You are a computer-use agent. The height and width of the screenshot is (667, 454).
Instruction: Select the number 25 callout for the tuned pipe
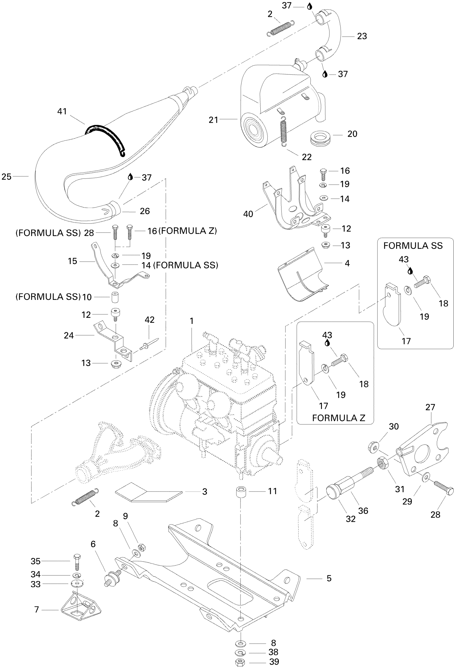7,177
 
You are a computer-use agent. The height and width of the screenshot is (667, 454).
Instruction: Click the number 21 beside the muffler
213,120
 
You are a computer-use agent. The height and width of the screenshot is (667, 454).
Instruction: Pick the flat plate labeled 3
149,492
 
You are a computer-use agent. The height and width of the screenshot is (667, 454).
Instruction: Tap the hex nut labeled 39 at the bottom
240,662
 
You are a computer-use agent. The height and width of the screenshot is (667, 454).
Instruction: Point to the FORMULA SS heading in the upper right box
413,246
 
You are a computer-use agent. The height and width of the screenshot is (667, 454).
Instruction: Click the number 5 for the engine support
329,578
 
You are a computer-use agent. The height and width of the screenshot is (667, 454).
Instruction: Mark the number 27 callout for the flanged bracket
430,407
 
